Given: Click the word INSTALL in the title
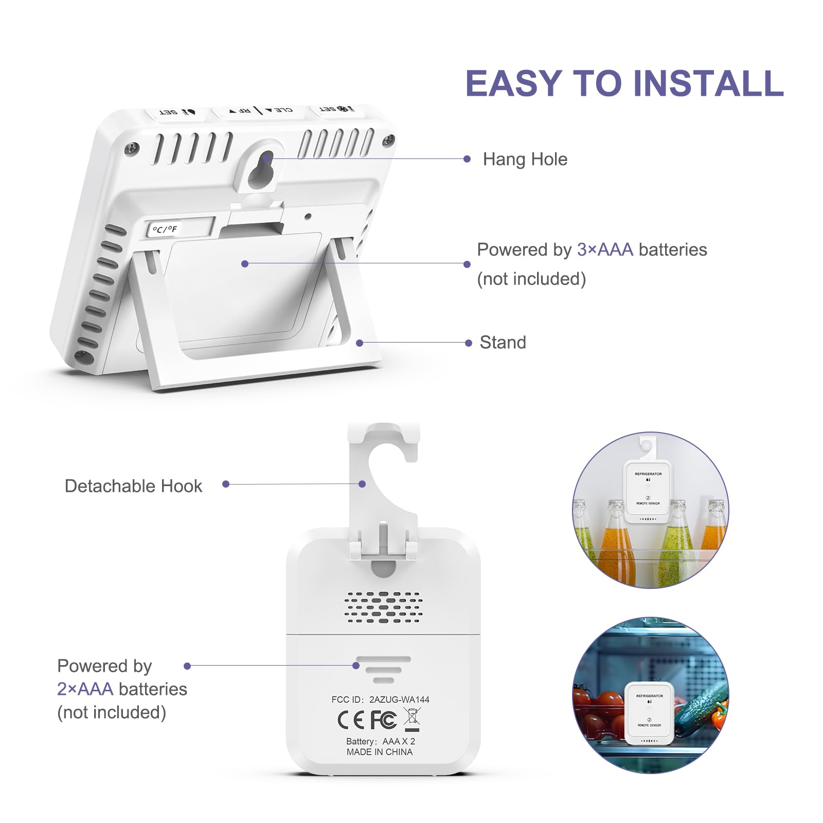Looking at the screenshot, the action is pyautogui.click(x=708, y=83).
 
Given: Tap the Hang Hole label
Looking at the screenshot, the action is pyautogui.click(x=525, y=159).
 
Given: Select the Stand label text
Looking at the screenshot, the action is pyautogui.click(x=503, y=343).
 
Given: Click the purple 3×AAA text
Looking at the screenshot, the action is pyautogui.click(x=605, y=249).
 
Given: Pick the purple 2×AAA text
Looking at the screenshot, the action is pyautogui.click(x=85, y=689).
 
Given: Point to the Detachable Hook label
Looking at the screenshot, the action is pyautogui.click(x=133, y=486).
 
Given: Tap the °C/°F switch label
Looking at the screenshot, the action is pyautogui.click(x=165, y=229).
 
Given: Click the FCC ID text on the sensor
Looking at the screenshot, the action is pyautogui.click(x=380, y=700).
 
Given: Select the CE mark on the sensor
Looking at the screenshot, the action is pyautogui.click(x=350, y=720).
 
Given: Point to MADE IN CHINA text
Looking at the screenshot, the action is pyautogui.click(x=380, y=752).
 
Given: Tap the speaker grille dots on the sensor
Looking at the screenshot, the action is pyautogui.click(x=383, y=607).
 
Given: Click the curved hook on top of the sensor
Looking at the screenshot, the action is pyautogui.click(x=383, y=463).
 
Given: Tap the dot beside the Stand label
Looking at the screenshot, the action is pyautogui.click(x=468, y=343).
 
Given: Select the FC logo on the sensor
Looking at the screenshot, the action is pyautogui.click(x=383, y=720).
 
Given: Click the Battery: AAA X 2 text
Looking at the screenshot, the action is pyautogui.click(x=380, y=741).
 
